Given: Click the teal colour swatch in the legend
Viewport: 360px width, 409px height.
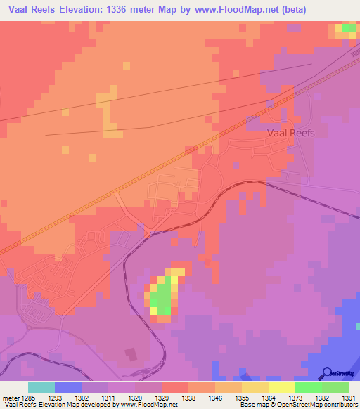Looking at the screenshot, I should (41, 387).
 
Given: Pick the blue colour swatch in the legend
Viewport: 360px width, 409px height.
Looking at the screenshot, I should (68, 387).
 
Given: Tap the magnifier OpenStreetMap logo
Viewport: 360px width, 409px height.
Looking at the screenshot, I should (328, 373).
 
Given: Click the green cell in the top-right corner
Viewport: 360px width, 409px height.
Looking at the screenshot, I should (347, 28).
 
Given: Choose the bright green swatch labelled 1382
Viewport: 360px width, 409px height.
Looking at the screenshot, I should (309, 387).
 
